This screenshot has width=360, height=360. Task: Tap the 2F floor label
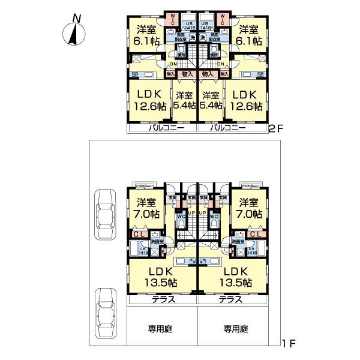click(x=275, y=128)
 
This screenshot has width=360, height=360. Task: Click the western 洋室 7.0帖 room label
click(x=146, y=208)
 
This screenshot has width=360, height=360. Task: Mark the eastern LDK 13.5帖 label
click(x=236, y=276)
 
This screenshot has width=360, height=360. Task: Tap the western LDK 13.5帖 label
click(x=161, y=276)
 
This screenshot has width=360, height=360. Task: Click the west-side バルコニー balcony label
click(x=162, y=128)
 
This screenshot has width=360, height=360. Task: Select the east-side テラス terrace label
click(x=230, y=299)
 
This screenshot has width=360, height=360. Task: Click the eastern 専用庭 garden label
click(x=236, y=328)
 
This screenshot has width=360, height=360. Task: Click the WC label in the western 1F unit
click(x=180, y=217)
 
